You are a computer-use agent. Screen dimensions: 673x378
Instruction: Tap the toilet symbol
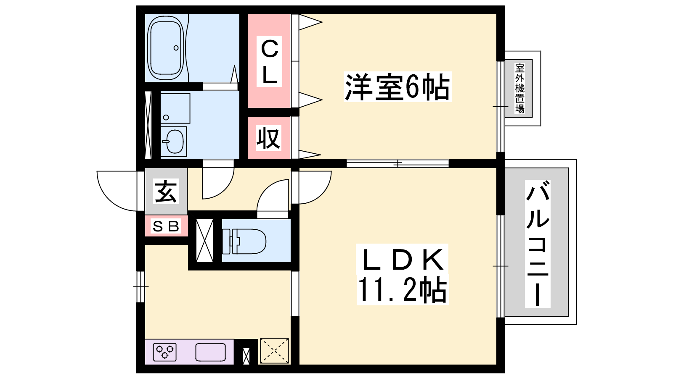click(244, 241)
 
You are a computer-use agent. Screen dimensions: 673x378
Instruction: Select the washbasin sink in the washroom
click(173, 142)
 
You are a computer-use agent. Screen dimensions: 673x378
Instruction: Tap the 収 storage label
click(268, 138)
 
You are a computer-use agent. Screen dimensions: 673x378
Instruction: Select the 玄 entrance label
click(166, 192)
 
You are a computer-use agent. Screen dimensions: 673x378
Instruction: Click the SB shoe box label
click(166, 226)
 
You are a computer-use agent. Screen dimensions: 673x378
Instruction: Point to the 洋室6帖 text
click(397, 87)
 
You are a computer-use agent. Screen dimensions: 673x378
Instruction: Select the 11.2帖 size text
click(402, 289)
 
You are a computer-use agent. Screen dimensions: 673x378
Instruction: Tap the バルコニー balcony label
click(538, 244)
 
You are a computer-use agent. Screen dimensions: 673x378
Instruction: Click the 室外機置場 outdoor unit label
click(519, 89)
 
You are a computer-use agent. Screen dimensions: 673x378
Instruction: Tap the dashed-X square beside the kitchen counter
click(274, 351)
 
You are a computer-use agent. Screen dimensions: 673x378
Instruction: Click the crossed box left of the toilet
click(204, 241)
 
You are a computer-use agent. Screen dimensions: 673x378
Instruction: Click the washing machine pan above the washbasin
click(175, 108)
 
